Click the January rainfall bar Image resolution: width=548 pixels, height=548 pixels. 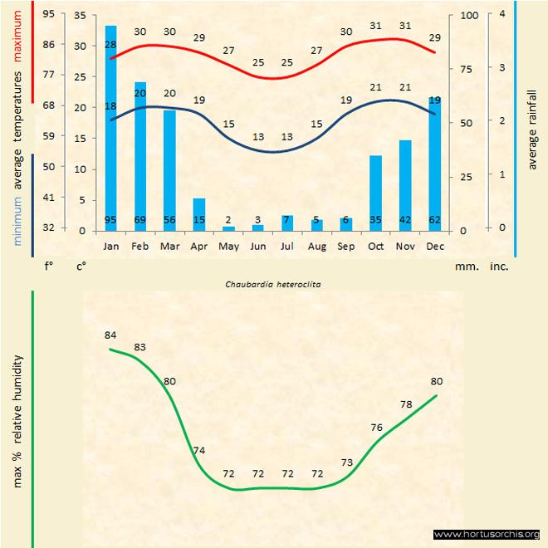(x=110, y=129)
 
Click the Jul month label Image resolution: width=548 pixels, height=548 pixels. (x=287, y=247)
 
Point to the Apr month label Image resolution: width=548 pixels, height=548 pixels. (x=199, y=247)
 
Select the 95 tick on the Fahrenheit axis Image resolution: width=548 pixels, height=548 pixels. (x=49, y=14)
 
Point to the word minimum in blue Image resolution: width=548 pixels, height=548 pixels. (x=17, y=220)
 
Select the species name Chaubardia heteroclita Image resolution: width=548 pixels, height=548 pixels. (x=273, y=284)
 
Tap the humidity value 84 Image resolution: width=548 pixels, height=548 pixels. (x=110, y=335)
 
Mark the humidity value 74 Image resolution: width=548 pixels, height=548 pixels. (x=199, y=451)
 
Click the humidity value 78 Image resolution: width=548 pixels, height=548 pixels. (x=406, y=404)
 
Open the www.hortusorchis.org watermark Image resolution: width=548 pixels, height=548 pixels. (x=487, y=534)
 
